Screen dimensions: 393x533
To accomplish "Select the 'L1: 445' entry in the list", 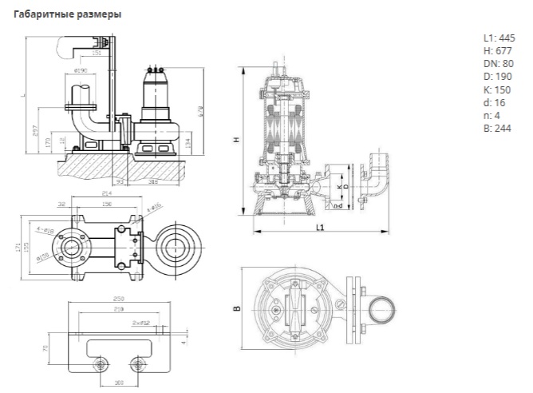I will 499,38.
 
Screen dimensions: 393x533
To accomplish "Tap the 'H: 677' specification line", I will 497,50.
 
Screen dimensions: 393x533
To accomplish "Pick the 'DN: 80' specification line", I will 498,63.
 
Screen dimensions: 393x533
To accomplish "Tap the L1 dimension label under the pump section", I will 318,228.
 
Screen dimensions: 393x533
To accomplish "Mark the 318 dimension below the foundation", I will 152,181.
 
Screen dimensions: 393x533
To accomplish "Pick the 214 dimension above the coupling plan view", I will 108,193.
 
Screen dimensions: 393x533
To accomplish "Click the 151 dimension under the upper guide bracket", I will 97,54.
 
